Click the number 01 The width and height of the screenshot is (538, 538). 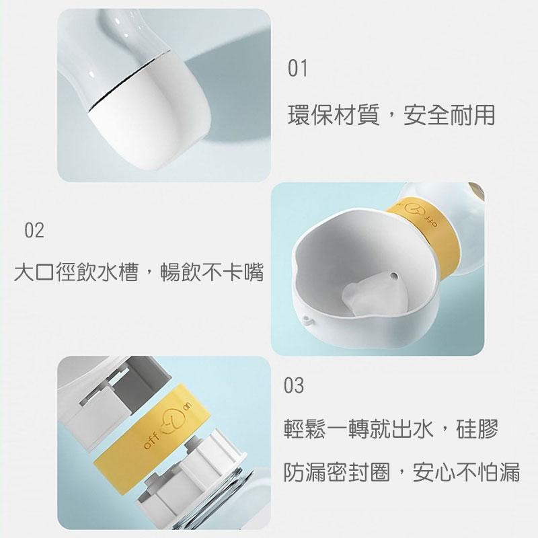click(x=297, y=68)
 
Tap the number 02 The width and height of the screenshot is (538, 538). click(x=34, y=231)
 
